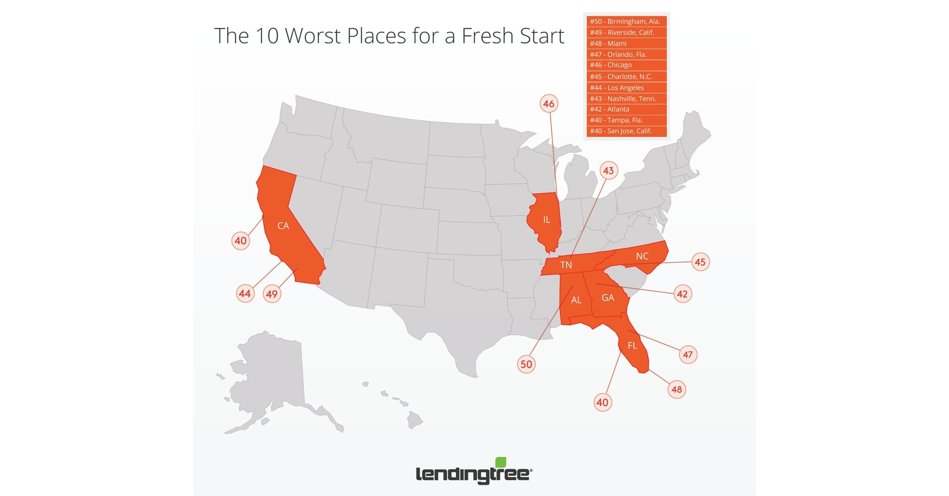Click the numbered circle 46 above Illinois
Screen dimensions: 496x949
549,104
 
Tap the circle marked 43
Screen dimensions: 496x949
608,171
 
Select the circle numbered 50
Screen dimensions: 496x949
526,364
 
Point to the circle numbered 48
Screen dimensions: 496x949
677,389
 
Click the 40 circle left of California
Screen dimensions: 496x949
241,241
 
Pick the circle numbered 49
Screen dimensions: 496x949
272,294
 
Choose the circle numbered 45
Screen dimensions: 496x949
700,262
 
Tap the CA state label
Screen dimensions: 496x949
283,226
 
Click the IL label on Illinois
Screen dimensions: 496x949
547,220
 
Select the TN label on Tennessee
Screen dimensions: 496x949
566,265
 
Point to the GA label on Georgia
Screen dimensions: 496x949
608,298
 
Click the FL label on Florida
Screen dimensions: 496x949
632,346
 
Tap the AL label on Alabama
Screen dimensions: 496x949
576,300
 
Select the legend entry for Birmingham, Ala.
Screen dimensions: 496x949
626,21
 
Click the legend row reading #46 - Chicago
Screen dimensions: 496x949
626,65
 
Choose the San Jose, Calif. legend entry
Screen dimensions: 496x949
626,131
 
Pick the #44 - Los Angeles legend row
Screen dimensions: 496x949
626,88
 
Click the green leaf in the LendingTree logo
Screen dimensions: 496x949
501,462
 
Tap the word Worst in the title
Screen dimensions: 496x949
313,36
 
